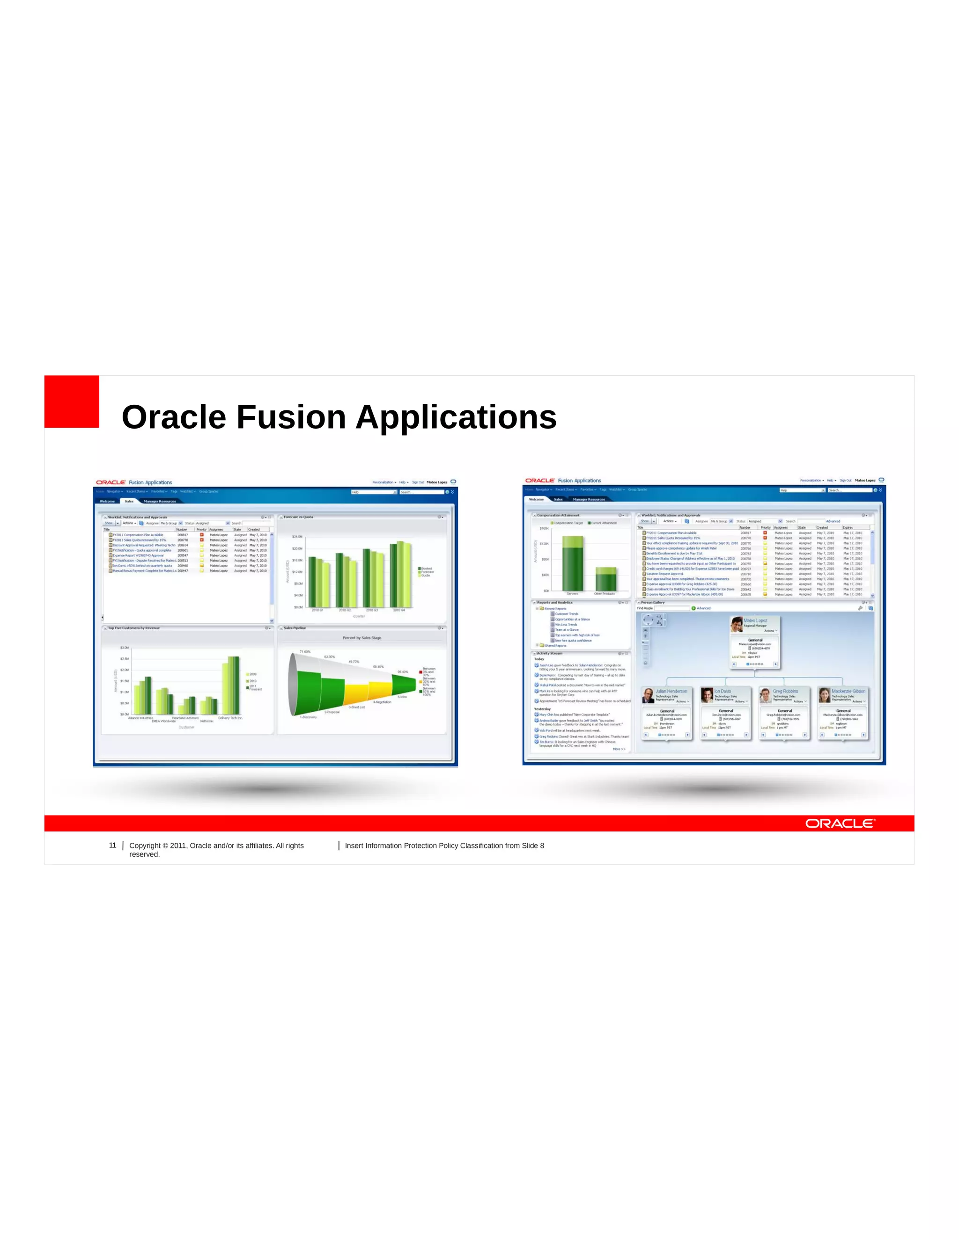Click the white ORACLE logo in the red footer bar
[x=840, y=823]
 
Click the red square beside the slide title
[x=72, y=401]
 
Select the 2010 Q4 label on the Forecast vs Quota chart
[x=399, y=610]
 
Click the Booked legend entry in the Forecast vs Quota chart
[x=426, y=569]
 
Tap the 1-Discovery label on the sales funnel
[x=309, y=717]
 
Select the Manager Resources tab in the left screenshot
[x=160, y=501]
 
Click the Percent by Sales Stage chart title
[x=362, y=638]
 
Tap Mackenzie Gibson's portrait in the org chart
[x=824, y=695]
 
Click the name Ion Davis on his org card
[x=723, y=691]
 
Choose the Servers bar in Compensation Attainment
[x=573, y=564]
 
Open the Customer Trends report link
[x=567, y=614]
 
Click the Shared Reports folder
[x=555, y=646]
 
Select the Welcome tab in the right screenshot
[x=536, y=499]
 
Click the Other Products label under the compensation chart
[x=605, y=594]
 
